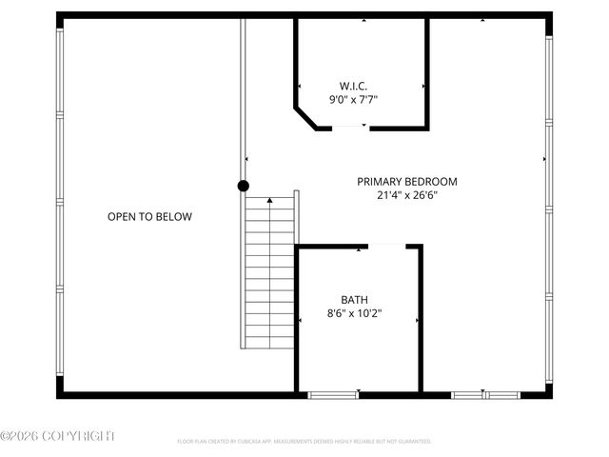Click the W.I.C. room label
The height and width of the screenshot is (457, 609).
point(360,84)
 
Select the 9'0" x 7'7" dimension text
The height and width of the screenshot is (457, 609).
point(360,97)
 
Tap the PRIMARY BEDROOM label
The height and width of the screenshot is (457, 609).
point(406,181)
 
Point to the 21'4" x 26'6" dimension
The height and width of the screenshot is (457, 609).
point(406,195)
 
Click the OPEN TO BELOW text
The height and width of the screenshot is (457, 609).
point(149,217)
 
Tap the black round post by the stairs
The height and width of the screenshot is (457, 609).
point(244,187)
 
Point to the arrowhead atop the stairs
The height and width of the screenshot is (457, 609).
point(270,201)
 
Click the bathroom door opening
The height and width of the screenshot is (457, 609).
point(386,247)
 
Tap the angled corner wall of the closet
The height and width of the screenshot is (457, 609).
point(305,117)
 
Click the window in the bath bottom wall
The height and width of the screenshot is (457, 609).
point(334,394)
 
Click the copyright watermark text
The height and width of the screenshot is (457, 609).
point(57,436)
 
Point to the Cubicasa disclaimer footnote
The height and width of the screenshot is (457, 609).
point(304,442)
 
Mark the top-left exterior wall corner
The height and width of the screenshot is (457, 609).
point(60,16)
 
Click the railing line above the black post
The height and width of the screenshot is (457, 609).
point(243,95)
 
